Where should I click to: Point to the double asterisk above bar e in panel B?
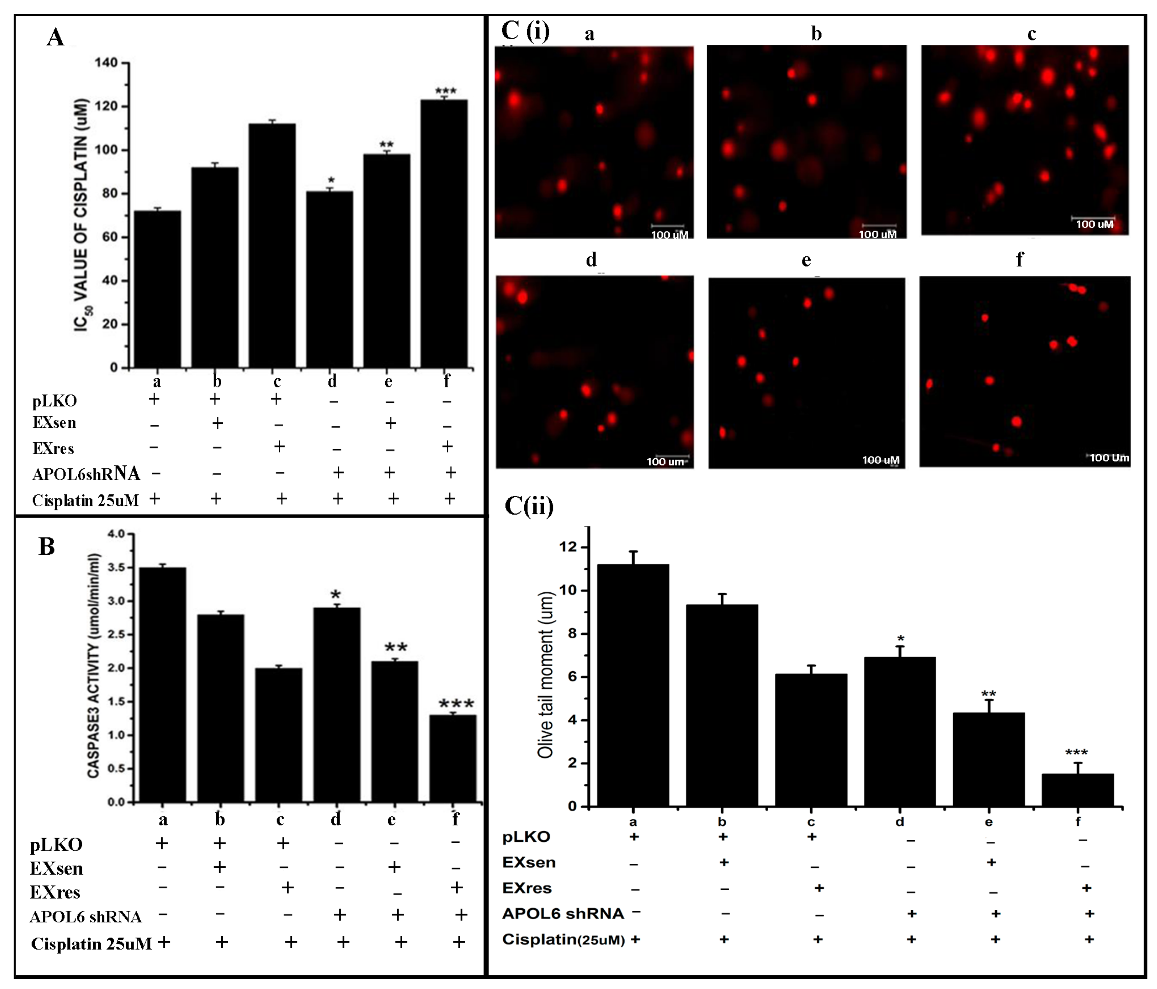[396, 648]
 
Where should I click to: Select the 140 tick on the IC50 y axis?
[106, 63]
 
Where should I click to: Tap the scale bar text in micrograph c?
[1094, 224]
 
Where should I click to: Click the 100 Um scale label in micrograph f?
[1109, 458]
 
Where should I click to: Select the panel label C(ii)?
[529, 506]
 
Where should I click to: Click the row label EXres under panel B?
[55, 892]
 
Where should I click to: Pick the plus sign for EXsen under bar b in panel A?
[217, 423]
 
